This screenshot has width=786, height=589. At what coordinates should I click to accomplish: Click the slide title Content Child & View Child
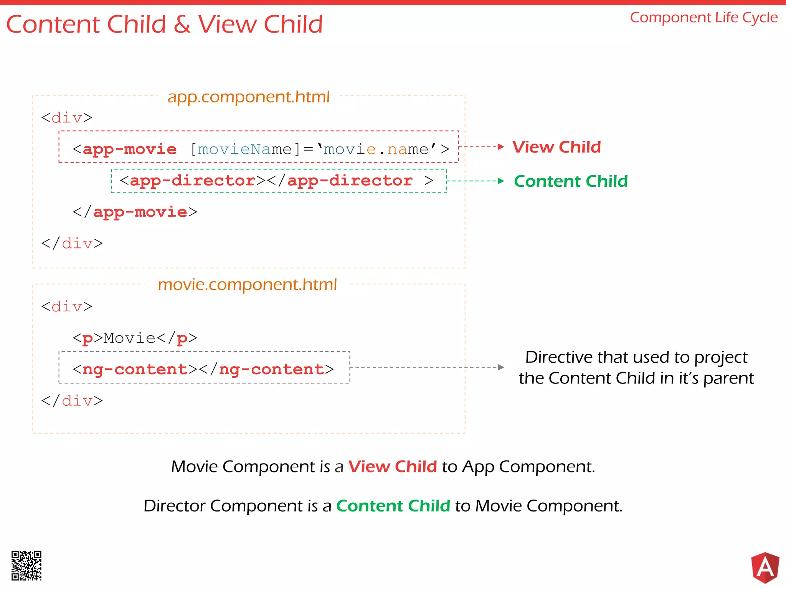(x=164, y=25)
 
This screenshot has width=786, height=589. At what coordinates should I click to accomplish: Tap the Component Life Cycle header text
(x=703, y=18)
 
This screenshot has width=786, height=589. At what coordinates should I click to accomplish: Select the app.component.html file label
(x=248, y=97)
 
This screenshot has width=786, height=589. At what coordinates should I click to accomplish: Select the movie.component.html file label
(x=247, y=285)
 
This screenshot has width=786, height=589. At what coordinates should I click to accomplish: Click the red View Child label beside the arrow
(x=556, y=147)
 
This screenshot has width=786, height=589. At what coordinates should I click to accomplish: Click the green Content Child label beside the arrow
(x=571, y=181)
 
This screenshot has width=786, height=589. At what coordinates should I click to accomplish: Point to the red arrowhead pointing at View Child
(x=500, y=146)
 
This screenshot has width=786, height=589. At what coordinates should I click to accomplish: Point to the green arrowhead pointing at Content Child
(x=500, y=181)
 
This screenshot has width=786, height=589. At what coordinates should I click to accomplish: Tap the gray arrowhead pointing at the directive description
(x=500, y=367)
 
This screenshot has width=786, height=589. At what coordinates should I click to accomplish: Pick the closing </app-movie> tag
(x=135, y=212)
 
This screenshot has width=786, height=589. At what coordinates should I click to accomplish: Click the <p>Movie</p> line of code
(x=135, y=338)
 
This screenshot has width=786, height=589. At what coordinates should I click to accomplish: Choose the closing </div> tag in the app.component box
(x=72, y=243)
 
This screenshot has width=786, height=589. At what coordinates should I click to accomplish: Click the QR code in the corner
(x=26, y=566)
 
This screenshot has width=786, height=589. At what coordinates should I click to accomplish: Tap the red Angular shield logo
(x=765, y=567)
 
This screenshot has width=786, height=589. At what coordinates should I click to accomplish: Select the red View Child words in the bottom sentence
(x=392, y=467)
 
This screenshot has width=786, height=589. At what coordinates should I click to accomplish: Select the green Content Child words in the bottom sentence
(x=393, y=506)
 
